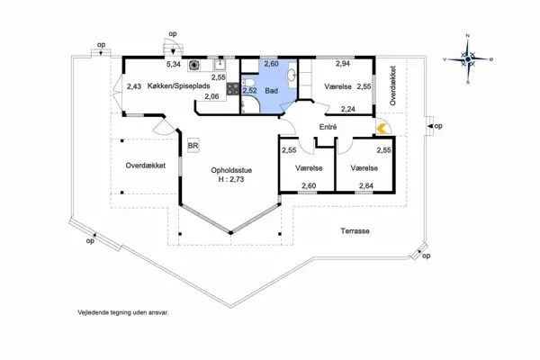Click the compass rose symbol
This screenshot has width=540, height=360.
click(468, 59)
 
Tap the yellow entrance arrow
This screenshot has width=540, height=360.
click(382, 129)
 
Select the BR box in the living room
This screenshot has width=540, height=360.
click(193, 146)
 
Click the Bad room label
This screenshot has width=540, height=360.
click(272, 91)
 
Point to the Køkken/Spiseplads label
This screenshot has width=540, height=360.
click(179, 85)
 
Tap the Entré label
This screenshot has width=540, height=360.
click(328, 127)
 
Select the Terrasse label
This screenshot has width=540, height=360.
click(355, 230)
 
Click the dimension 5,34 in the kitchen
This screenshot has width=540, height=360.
click(174, 64)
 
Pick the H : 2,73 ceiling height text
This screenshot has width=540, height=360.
click(231, 179)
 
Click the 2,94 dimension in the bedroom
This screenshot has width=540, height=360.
click(343, 63)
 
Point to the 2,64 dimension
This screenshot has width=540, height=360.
click(366, 186)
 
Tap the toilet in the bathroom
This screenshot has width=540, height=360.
click(248, 83)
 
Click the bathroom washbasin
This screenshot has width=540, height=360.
click(292, 74)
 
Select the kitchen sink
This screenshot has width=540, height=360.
click(220, 64)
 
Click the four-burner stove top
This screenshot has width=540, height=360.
click(232, 88)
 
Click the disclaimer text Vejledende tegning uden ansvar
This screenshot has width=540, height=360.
click(123, 313)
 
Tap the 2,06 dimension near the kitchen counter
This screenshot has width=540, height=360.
click(211, 97)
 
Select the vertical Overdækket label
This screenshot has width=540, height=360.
click(393, 85)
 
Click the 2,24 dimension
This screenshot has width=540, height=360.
click(348, 109)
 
